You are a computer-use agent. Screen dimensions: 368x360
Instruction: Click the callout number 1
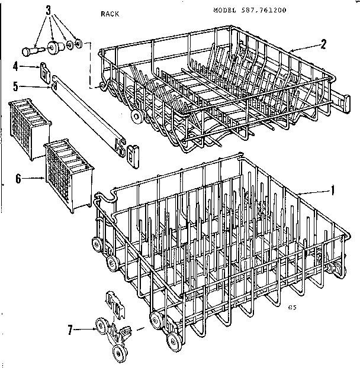333,191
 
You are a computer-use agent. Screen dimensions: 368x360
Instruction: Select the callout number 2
323,43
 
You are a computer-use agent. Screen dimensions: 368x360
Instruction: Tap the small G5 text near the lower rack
291,306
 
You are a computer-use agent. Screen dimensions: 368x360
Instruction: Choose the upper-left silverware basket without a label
30,131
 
